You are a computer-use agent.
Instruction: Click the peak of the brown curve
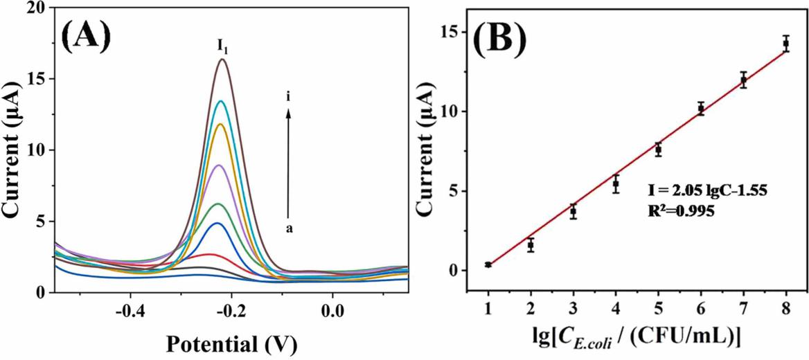pyautogui.click(x=223, y=60)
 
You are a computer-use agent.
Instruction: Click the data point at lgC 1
pyautogui.click(x=488, y=264)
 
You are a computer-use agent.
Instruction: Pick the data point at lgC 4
pyautogui.click(x=616, y=184)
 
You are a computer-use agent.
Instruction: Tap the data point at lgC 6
pyautogui.click(x=701, y=109)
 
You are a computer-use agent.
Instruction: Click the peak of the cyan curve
pyautogui.click(x=222, y=101)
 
